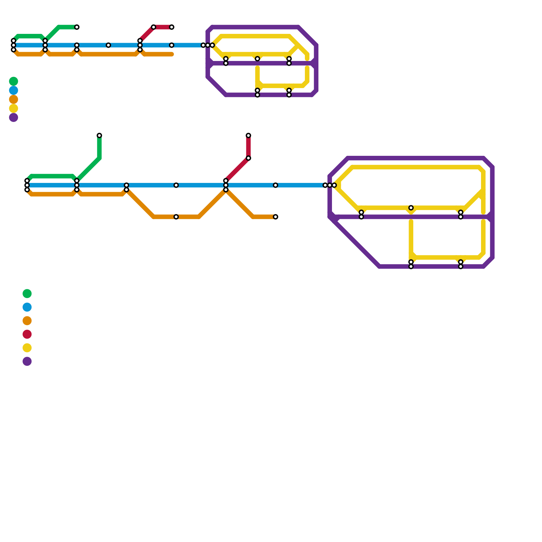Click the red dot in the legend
(x=27, y=334)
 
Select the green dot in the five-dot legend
(x=14, y=81)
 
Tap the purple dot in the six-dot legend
(x=27, y=361)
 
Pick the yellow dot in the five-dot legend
(x=14, y=109)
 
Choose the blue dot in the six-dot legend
(x=27, y=307)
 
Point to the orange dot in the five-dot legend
(x=14, y=100)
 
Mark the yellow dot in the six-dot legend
(x=27, y=348)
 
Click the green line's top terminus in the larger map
(x=99, y=135)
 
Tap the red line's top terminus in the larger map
(x=248, y=135)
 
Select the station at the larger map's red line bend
(x=248, y=158)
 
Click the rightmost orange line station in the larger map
(x=275, y=217)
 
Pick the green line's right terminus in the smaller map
(x=77, y=27)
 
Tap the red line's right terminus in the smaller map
(x=172, y=27)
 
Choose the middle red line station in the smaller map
(x=153, y=27)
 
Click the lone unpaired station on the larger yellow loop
(x=411, y=208)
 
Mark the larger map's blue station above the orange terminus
(x=275, y=185)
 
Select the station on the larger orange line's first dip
(x=176, y=217)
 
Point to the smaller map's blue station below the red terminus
(x=172, y=45)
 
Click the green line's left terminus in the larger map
(x=27, y=181)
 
